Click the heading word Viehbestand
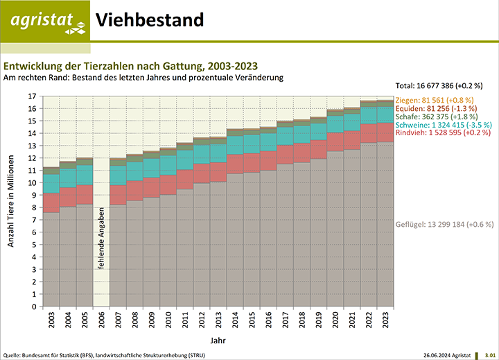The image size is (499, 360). [149, 20]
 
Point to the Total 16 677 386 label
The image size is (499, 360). [438, 85]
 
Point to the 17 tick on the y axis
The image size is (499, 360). [32, 96]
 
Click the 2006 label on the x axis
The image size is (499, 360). [101, 320]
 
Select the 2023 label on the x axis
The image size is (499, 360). [385, 320]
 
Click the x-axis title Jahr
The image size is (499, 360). [217, 341]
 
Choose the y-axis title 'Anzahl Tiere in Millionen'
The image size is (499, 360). [12, 201]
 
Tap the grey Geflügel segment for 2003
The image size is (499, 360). [51, 260]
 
